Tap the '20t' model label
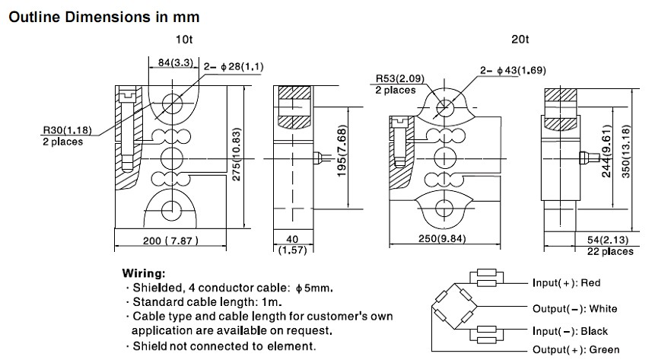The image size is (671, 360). pyautogui.click(x=521, y=40)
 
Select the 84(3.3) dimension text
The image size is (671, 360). pyautogui.click(x=166, y=65)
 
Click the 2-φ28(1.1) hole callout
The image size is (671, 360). pyautogui.click(x=234, y=67)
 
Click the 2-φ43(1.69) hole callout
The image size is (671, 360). pyautogui.click(x=511, y=70)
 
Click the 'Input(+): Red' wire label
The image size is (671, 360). pyautogui.click(x=567, y=283)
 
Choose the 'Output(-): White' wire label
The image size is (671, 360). pyautogui.click(x=575, y=308)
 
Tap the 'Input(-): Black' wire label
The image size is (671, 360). pyautogui.click(x=570, y=332)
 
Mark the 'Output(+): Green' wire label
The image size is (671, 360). pyautogui.click(x=577, y=349)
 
